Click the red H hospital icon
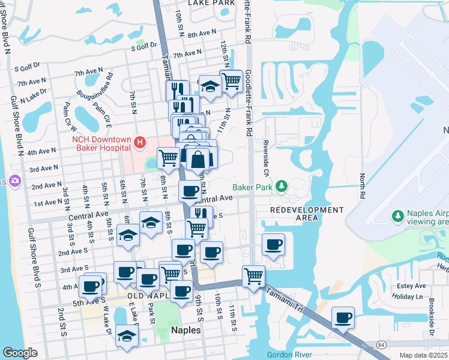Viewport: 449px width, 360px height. [139, 142]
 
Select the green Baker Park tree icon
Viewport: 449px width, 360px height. [282, 188]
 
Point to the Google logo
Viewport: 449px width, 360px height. [20, 353]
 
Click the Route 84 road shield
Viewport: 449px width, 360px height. [381, 344]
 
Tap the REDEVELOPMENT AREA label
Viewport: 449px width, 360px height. [306, 214]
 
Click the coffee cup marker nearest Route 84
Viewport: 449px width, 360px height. [343, 317]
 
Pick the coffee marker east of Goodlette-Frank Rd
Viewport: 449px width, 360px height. [273, 244]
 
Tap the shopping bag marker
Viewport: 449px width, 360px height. [197, 160]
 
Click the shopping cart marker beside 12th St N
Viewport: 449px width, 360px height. [231, 80]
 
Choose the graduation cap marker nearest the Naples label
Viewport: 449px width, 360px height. [127, 336]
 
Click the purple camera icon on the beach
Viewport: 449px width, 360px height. [14, 181]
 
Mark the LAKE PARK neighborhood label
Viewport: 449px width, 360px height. [211, 3]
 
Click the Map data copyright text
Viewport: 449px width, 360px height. [424, 355]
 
